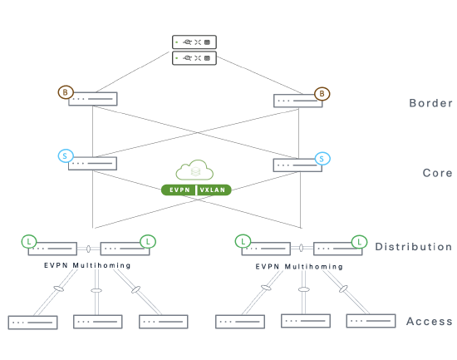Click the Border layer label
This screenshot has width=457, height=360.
[430, 103]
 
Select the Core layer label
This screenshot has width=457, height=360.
[437, 173]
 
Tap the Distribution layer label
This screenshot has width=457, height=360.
[414, 247]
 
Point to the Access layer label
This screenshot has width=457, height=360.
[430, 321]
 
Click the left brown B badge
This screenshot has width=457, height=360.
[66, 92]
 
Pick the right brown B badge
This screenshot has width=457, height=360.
[322, 94]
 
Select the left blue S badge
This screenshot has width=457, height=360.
[66, 156]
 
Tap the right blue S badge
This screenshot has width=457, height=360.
[322, 159]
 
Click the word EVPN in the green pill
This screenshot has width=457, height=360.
[179, 190]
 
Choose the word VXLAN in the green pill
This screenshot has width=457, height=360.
[213, 190]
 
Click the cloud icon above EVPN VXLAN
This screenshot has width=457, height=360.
[194, 170]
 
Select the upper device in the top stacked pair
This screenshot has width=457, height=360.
[194, 42]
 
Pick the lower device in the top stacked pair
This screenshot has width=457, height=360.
[194, 58]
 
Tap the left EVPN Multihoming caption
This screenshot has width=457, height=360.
[87, 265]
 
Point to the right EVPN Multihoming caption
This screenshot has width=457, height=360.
[299, 267]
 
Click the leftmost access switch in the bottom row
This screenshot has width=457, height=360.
[32, 323]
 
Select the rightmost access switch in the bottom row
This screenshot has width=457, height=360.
[371, 321]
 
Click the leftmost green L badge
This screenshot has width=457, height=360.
[29, 242]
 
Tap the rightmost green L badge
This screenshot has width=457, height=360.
[359, 242]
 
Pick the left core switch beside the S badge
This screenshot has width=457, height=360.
[93, 163]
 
